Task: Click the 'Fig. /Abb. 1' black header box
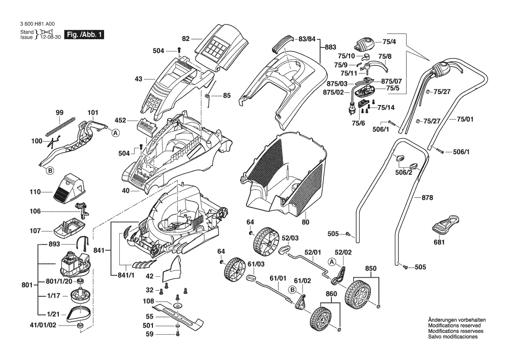click(x=84, y=35)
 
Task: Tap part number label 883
click(x=330, y=47)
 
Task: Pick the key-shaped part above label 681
click(x=446, y=224)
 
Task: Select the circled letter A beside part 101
click(x=115, y=133)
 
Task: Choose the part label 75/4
click(x=389, y=42)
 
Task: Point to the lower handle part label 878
click(x=428, y=197)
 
